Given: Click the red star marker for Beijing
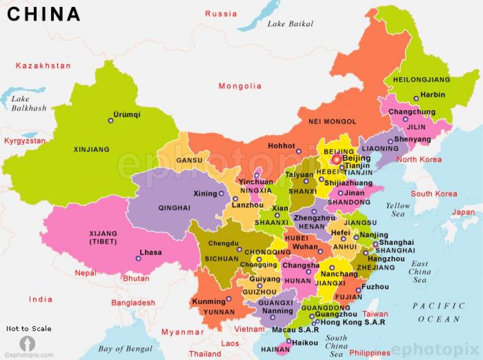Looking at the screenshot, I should click(336, 160).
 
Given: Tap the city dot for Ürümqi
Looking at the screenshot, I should click(111, 120).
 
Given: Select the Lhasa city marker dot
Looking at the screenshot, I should click(138, 259).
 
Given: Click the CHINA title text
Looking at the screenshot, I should click(43, 14).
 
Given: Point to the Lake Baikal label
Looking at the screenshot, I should click(290, 24).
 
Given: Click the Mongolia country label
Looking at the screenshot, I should click(240, 86).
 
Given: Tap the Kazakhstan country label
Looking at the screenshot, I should click(43, 66).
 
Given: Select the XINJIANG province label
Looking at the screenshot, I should click(91, 149).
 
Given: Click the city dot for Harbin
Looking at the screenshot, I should click(416, 98).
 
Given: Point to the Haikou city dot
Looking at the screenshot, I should click(289, 341).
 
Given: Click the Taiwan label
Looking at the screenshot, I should click(375, 314).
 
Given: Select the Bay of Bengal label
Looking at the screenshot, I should click(126, 349).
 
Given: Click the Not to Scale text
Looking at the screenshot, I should click(29, 329).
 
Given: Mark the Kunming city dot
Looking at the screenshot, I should click(229, 299).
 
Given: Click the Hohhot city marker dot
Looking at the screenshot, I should click(299, 151).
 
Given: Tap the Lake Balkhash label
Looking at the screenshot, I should click(29, 103).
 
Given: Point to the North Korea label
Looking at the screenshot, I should click(419, 159).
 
